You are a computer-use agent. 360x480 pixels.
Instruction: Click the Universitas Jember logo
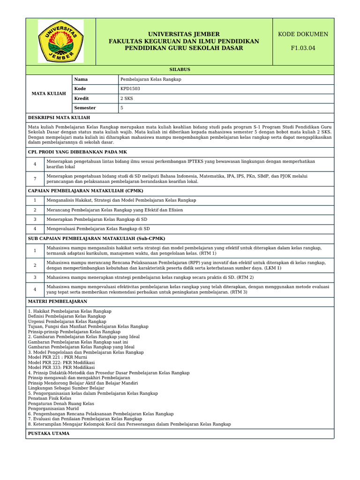pyautogui.click(x=60, y=41)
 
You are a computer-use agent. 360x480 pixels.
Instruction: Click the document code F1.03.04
pyautogui.click(x=303, y=48)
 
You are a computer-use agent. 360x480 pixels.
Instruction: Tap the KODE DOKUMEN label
pyautogui.click(x=303, y=34)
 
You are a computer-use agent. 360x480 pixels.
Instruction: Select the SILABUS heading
pyautogui.click(x=180, y=69)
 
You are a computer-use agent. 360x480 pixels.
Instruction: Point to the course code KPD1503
pyautogui.click(x=130, y=89)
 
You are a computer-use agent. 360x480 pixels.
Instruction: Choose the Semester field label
pyautogui.click(x=85, y=108)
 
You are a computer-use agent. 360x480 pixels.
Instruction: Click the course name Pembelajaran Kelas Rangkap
pyautogui.click(x=150, y=79)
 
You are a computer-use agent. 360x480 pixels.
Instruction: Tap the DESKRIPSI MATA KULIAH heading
pyautogui.click(x=59, y=118)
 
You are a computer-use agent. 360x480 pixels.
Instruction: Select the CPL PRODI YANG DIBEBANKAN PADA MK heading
pyautogui.click(x=77, y=152)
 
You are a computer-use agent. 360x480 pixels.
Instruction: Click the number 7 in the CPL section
pyautogui.click(x=35, y=179)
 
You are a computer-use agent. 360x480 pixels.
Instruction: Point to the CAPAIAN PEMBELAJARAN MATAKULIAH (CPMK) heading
pyautogui.click(x=86, y=190)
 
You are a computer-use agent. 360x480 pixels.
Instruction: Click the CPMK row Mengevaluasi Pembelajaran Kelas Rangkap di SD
pyautogui.click(x=98, y=229)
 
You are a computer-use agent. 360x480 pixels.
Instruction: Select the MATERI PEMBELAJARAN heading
pyautogui.click(x=58, y=301)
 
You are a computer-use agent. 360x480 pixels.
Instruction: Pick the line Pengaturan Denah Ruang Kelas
pyautogui.click(x=61, y=403)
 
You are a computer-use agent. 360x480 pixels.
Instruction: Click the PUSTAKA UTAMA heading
pyautogui.click(x=49, y=434)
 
